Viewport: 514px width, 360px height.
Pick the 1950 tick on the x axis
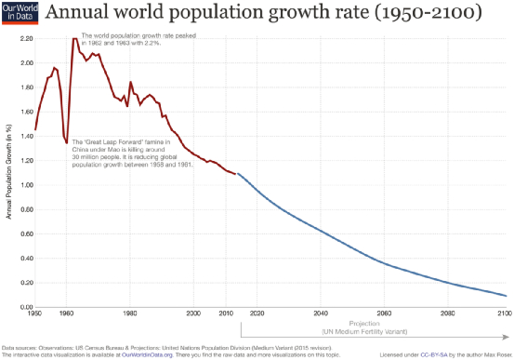[35, 314]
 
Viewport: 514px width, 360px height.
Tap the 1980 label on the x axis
[130, 314]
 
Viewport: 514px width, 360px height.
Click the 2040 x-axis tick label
[321, 314]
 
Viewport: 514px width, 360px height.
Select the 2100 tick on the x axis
[505, 314]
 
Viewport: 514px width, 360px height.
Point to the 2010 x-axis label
[225, 314]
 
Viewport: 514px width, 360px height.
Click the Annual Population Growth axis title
[7, 178]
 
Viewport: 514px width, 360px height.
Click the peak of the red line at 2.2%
[74, 39]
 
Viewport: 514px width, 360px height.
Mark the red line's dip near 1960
[66, 142]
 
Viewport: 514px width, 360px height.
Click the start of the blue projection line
[238, 174]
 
